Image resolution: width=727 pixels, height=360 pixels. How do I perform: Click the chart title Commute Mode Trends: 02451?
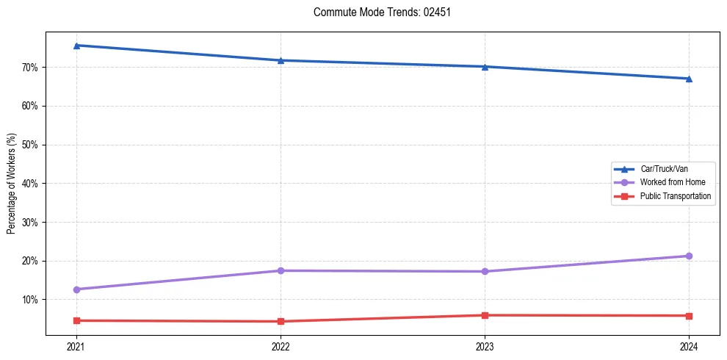tap(377, 12)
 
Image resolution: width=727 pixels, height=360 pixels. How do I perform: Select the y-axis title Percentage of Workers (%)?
tap(12, 183)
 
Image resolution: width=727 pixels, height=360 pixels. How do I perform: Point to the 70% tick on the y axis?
tap(32, 68)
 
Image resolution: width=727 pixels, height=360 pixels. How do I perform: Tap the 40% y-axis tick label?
tap(32, 184)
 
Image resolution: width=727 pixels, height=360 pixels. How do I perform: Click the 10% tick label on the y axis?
tap(32, 300)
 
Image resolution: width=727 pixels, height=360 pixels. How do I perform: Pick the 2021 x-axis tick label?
tap(76, 345)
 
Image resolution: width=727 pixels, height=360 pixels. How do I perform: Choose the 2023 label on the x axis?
tap(485, 345)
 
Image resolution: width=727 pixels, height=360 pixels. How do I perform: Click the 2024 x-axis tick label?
tap(689, 345)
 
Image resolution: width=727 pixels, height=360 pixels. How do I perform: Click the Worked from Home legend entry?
tap(672, 182)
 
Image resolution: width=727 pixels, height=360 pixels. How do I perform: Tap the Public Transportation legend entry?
tap(675, 196)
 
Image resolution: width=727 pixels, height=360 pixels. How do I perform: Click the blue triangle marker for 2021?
tap(76, 46)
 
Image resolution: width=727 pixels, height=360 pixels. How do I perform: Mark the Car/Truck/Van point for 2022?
tap(280, 60)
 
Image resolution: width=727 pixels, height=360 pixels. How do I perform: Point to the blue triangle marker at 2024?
tap(689, 79)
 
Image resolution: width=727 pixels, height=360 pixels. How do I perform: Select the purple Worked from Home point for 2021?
tap(76, 289)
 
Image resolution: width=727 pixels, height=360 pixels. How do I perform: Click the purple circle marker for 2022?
tap(280, 270)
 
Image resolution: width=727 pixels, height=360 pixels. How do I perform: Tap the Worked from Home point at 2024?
tap(689, 256)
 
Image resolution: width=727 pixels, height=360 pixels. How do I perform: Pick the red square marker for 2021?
tap(76, 320)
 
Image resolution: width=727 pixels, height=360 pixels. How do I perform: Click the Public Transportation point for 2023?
tap(485, 315)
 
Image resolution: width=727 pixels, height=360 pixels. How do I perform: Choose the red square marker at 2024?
tap(689, 316)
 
